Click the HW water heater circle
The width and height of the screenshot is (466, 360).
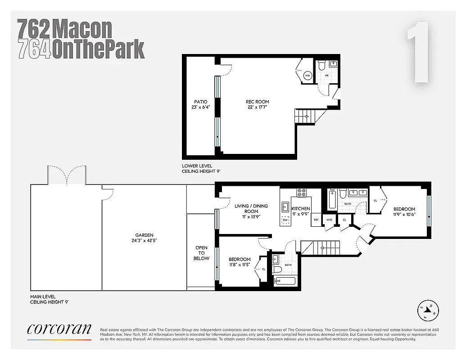308,76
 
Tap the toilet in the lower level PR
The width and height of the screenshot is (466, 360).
321,66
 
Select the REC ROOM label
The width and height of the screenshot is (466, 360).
257,102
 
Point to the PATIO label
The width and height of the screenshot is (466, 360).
201,102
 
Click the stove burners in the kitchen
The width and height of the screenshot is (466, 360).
302,193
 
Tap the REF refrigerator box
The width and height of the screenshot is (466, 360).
316,220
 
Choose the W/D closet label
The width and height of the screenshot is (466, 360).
329,220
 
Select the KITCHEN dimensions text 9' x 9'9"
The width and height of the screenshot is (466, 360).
301,215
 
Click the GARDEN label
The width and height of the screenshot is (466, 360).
145,235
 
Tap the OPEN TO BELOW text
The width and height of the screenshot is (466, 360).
201,253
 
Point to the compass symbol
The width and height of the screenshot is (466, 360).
428,310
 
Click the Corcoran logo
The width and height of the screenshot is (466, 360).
59,329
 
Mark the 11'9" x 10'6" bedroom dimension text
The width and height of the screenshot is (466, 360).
404,215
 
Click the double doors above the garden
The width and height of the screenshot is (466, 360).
67,176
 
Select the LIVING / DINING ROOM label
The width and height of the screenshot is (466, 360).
251,208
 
